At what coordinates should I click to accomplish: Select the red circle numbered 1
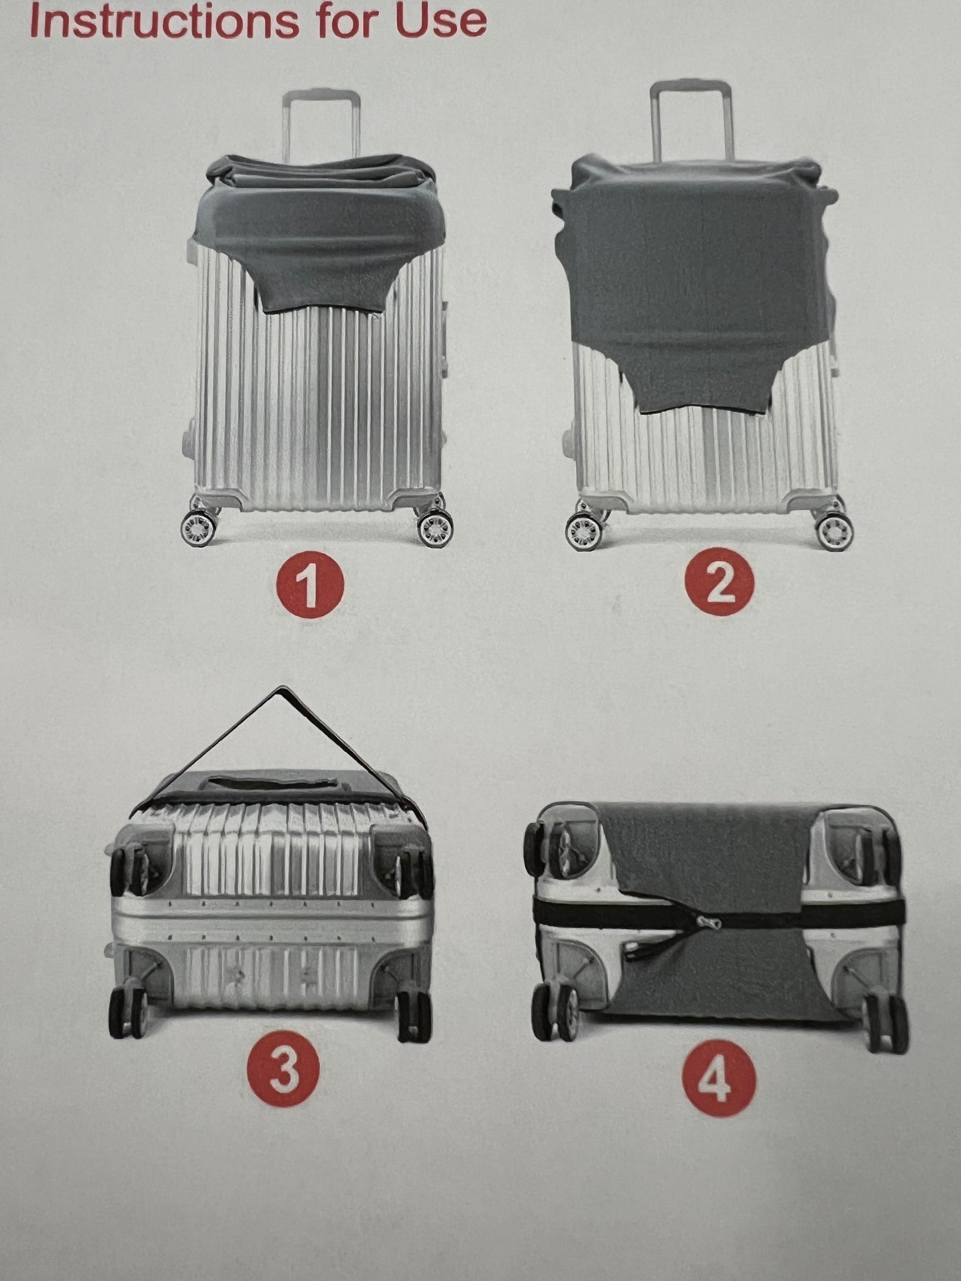[x=310, y=584]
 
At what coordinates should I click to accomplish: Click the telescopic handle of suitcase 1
[x=321, y=123]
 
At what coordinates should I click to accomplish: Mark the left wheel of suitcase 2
[x=582, y=532]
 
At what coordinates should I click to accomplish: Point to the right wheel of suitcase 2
[x=831, y=532]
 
